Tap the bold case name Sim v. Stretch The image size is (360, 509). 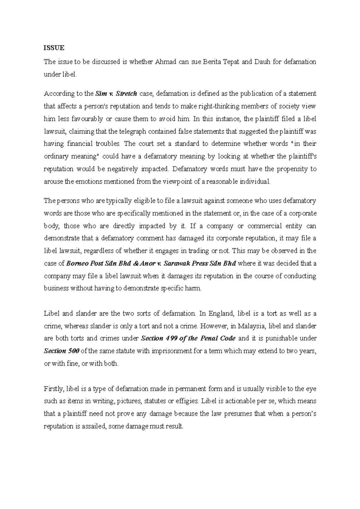116,94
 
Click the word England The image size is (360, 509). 220,314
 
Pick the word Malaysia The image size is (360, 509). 254,326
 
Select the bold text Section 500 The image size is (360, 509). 61,351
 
